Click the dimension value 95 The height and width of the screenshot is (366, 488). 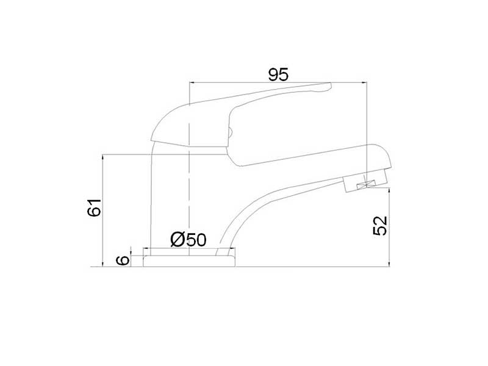coord(279,74)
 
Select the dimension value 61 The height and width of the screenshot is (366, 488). coord(95,207)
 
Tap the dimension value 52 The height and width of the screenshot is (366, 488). coord(380,226)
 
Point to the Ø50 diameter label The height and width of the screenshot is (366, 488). coord(188,240)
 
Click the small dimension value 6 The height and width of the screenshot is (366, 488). coord(123,260)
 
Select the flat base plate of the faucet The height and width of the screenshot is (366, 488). coord(189,261)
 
